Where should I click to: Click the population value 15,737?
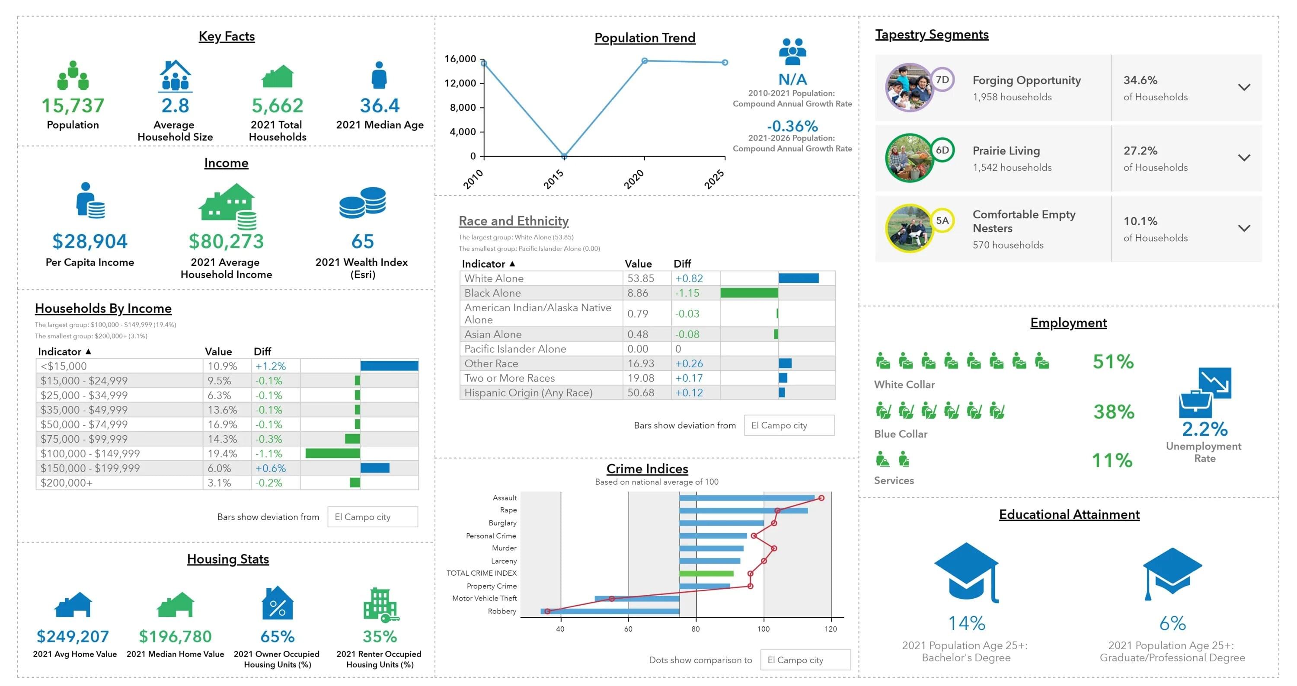(x=73, y=106)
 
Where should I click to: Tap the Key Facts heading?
(x=227, y=36)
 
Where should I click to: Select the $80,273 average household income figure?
(x=226, y=242)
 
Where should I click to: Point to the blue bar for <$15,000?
(x=389, y=366)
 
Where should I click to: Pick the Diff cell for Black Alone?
(x=687, y=293)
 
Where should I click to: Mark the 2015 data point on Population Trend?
(x=564, y=156)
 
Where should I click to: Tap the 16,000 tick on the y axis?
(x=460, y=59)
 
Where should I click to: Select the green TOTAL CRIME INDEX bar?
(x=706, y=573)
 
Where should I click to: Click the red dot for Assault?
(x=821, y=498)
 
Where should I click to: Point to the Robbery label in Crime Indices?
(x=502, y=611)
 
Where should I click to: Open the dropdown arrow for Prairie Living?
(x=1244, y=157)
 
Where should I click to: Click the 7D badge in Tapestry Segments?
(x=942, y=80)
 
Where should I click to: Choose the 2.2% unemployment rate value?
(x=1204, y=429)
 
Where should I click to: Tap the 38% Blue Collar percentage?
(x=1113, y=412)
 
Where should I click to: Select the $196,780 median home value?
(x=175, y=636)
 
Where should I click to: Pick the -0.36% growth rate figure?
(x=792, y=126)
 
